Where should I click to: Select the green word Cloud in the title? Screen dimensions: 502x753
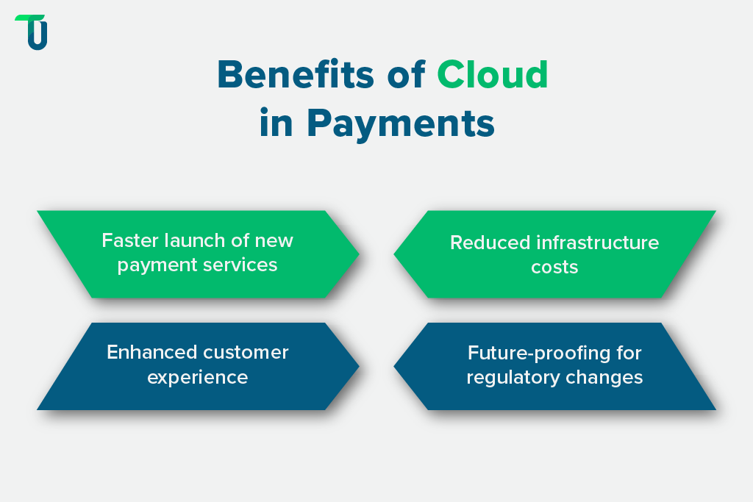[493, 75]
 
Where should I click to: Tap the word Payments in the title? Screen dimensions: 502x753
[401, 122]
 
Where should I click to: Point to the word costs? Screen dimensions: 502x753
[554, 267]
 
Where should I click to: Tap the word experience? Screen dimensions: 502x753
[197, 377]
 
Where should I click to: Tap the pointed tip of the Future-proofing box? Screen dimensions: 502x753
[396, 366]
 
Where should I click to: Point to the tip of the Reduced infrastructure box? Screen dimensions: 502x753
[396, 254]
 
